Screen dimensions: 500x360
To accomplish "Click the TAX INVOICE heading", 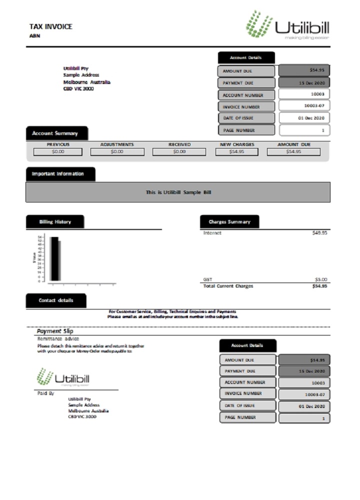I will pos(51,26).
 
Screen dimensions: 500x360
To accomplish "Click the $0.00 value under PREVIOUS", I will pos(58,151).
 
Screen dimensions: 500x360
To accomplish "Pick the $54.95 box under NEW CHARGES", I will pos(237,151).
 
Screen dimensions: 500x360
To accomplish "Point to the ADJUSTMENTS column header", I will pos(117,144).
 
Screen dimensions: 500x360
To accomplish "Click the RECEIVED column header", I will pos(179,144).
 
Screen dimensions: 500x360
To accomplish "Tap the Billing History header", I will pos(55,221).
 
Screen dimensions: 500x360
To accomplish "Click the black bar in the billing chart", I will pos(54,258).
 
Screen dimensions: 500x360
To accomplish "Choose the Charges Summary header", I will pos(229,221).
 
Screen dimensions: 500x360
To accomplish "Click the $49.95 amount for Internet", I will pos(319,232).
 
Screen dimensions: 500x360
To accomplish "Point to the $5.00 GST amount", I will pos(320,279).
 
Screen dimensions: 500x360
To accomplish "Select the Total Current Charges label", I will pos(228,286).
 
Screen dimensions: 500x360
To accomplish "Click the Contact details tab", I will pos(55,300).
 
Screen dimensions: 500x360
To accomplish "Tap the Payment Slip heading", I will pos(55,331).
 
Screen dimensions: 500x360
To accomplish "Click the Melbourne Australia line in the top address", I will pos(87,81).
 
